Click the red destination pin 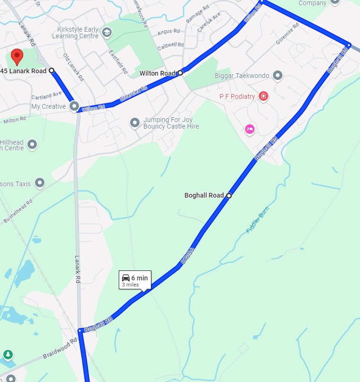click(18, 56)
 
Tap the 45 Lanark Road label click(24, 71)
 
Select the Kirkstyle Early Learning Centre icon click(107, 32)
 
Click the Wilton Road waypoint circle click(180, 73)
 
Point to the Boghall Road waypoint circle click(229, 195)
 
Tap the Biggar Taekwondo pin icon click(278, 76)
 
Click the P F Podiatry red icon click(263, 96)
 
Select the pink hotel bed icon click(250, 129)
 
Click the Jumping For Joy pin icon click(135, 123)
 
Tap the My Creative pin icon click(74, 106)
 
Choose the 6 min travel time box click(135, 280)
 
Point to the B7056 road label click(188, 255)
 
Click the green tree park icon click(8, 354)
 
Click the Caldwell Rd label click(170, 45)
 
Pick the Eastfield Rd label click(118, 62)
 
